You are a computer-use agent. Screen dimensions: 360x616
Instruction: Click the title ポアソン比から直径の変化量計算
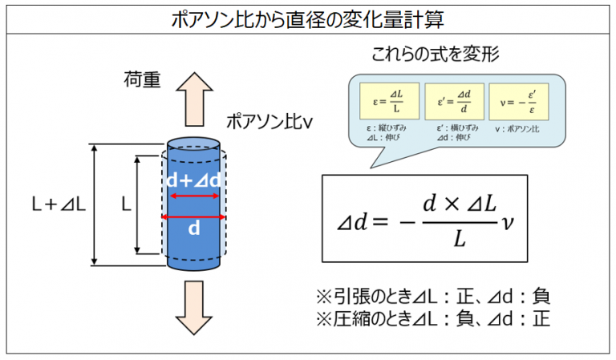[x=308, y=18]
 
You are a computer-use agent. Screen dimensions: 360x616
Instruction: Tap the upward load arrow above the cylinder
[x=196, y=91]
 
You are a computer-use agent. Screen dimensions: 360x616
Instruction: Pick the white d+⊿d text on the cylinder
[x=194, y=181]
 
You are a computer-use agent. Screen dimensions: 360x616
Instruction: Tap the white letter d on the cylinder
[x=193, y=229]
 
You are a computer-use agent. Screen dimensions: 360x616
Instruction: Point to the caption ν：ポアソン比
[x=519, y=128]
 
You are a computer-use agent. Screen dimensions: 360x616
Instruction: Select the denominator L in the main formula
[x=457, y=237]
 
